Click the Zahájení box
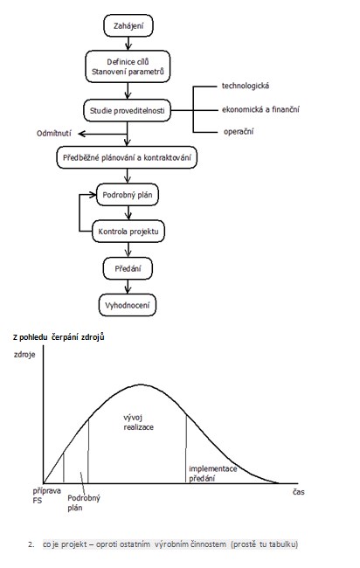point(128,25)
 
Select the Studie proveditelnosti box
point(127,110)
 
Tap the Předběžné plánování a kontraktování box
point(127,157)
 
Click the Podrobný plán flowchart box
point(127,195)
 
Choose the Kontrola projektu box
point(128,231)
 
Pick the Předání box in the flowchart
point(128,268)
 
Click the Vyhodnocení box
point(127,305)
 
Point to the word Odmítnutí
point(54,134)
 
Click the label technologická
point(246,86)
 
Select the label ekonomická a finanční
point(260,109)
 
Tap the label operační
point(239,131)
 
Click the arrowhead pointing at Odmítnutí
point(81,134)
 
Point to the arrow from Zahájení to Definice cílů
point(128,44)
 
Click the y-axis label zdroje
point(24,354)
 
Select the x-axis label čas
point(299,492)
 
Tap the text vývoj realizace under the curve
point(138,422)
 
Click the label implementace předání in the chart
point(213,474)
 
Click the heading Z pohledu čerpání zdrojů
point(59,337)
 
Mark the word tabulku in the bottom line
point(283,544)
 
